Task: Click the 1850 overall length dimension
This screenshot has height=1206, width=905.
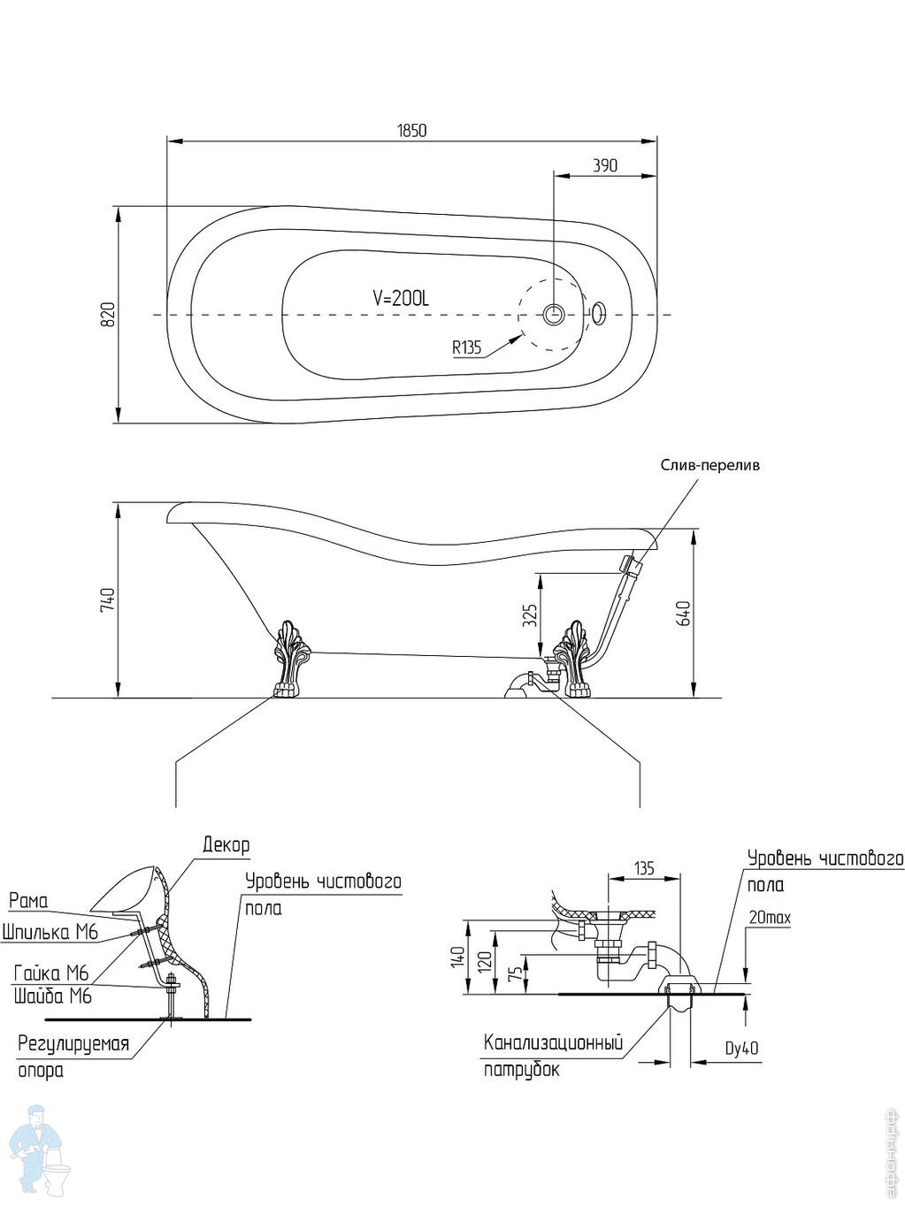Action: click(411, 131)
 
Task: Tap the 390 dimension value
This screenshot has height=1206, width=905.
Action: click(604, 165)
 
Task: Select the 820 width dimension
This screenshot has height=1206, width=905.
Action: click(108, 315)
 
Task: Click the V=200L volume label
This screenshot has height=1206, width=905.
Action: click(401, 299)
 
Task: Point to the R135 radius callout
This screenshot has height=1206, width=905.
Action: click(466, 347)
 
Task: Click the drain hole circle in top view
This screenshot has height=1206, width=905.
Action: click(556, 314)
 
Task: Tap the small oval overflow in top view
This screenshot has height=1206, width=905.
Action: click(599, 311)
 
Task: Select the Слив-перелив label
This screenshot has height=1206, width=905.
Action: click(709, 465)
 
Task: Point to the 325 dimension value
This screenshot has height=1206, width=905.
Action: click(530, 615)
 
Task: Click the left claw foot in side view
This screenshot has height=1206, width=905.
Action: click(287, 660)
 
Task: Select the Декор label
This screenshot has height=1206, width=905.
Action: click(226, 845)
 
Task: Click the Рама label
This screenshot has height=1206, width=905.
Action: click(28, 901)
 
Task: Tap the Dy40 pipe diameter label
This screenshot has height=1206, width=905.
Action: click(741, 1050)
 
